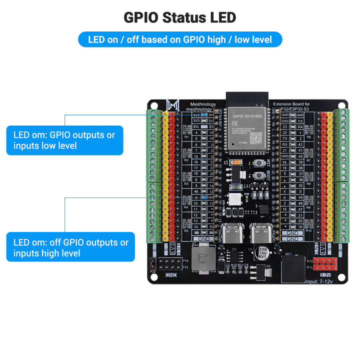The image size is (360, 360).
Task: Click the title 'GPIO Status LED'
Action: point(180,17)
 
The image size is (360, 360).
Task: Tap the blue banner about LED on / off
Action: point(180,39)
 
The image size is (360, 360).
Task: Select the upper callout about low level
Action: point(64,140)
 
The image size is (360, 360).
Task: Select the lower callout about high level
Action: point(70,247)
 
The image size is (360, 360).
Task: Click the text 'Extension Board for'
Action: point(291,104)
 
